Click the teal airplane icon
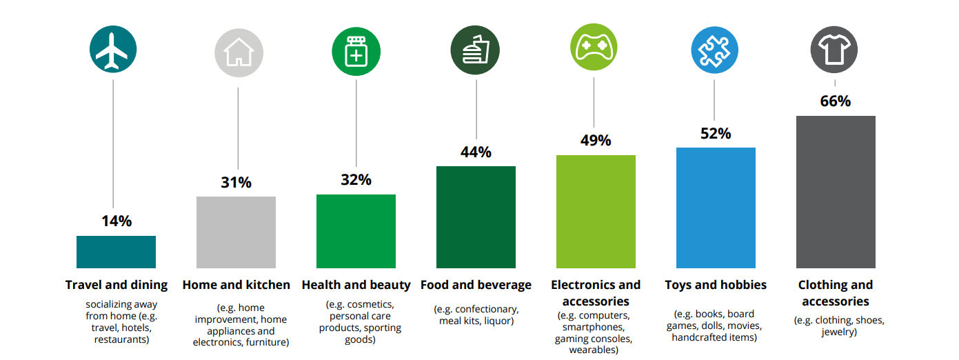pyautogui.click(x=113, y=50)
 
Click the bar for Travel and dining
pyautogui.click(x=116, y=252)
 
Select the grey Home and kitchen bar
pyautogui.click(x=236, y=232)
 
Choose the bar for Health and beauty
pyautogui.click(x=356, y=231)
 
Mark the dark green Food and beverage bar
pyautogui.click(x=476, y=217)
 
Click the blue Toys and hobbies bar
pyautogui.click(x=716, y=208)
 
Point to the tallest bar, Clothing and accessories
pyautogui.click(x=836, y=192)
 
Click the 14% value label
pyautogui.click(x=116, y=221)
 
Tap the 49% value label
pyautogui.click(x=596, y=141)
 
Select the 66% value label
pyautogui.click(x=835, y=101)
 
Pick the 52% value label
pyautogui.click(x=716, y=134)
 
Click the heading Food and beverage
pyautogui.click(x=476, y=285)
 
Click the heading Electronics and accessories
pyautogui.click(x=596, y=293)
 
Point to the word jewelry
pyautogui.click(x=839, y=332)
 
